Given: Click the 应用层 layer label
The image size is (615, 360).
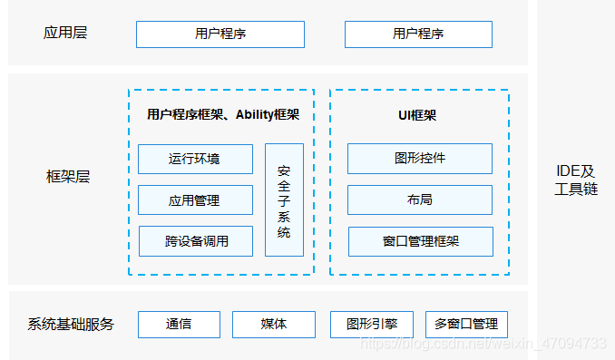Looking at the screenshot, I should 65,34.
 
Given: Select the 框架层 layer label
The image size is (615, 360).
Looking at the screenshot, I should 68,177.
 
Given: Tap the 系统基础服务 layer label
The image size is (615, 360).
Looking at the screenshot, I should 71,324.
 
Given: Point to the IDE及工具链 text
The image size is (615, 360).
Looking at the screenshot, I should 576,180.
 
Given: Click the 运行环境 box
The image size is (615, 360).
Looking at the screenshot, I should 195,159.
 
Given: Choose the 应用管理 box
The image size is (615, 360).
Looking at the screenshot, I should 195,199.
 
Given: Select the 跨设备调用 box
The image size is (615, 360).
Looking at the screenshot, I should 195,241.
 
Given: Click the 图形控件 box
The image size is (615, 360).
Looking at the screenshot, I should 420,158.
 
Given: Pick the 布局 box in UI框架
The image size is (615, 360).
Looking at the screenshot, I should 420,199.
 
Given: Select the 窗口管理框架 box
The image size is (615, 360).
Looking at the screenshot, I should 420,241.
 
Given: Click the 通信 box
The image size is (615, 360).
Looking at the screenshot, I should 179,324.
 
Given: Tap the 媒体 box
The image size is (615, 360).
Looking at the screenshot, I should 274,324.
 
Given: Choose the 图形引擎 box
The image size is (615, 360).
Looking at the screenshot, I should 372,324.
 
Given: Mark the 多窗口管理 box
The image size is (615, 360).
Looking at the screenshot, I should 466,324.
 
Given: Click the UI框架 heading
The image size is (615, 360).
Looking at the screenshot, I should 418,115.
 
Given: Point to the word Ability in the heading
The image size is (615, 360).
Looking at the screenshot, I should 255,115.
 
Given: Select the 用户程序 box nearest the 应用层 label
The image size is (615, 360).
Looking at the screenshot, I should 220,34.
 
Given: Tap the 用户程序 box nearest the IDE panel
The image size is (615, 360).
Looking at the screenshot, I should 418,34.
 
